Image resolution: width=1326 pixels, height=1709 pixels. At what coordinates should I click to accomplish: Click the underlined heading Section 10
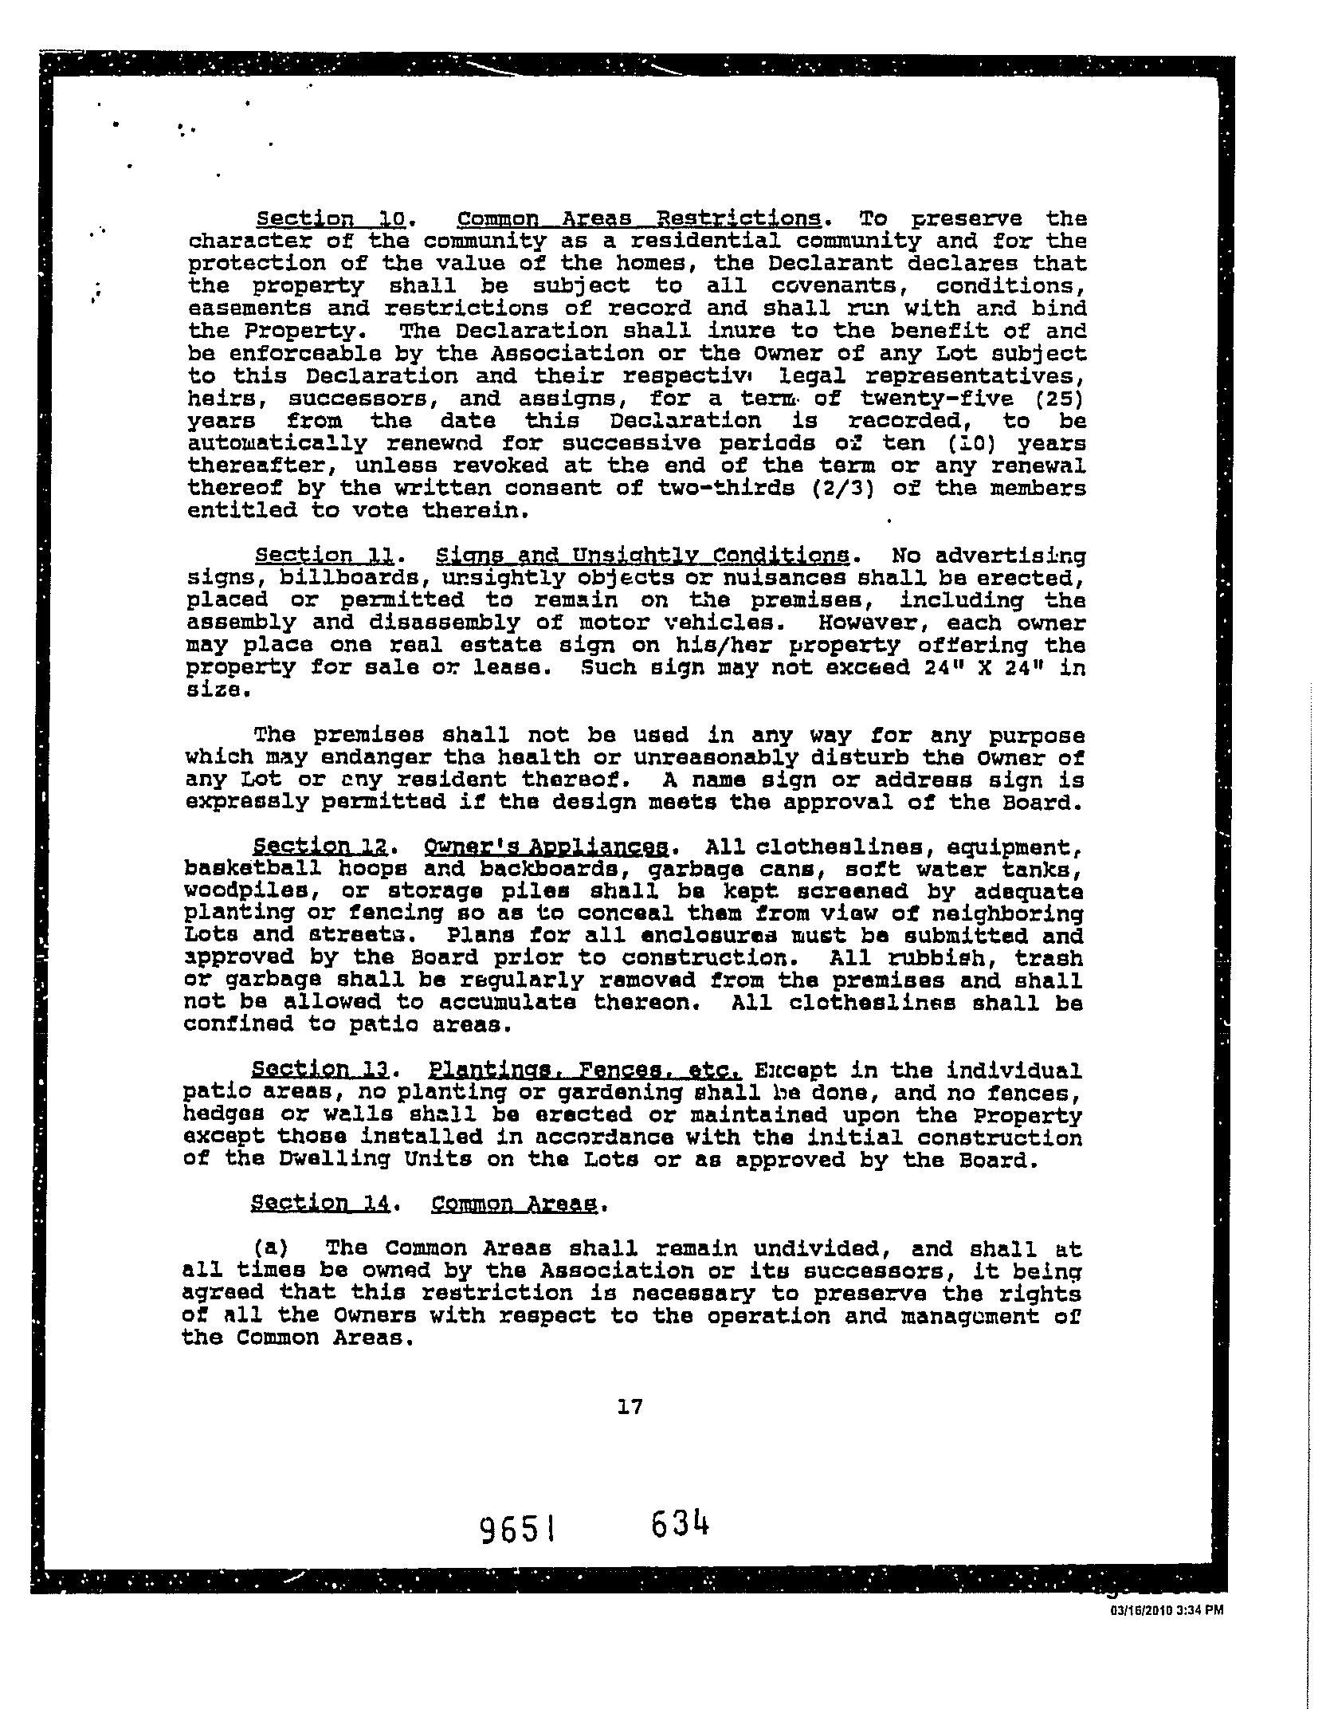coord(330,218)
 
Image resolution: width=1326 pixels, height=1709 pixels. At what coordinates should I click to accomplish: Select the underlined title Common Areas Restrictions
coord(639,218)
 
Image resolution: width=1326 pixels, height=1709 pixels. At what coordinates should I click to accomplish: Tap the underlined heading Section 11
coord(327,555)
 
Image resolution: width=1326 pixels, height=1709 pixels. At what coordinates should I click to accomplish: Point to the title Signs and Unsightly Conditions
coord(641,555)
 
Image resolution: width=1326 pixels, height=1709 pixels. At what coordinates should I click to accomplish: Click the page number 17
coord(630,1407)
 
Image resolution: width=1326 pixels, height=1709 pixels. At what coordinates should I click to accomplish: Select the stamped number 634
coord(680,1525)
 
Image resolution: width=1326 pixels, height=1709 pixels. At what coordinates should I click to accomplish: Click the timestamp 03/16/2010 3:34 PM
coord(1167,1610)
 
